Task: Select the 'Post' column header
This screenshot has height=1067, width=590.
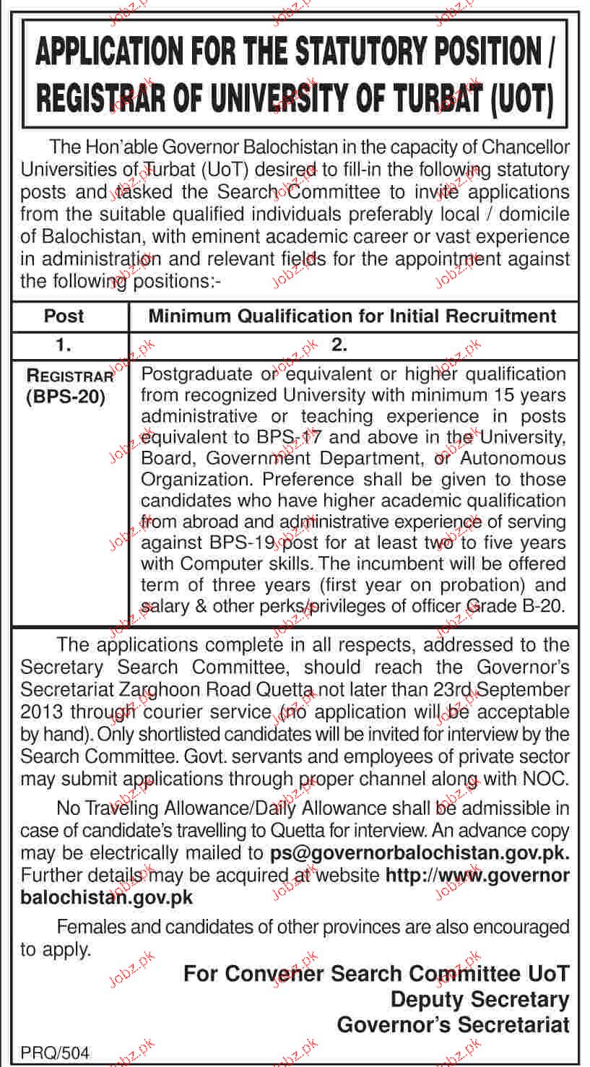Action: pyautogui.click(x=64, y=316)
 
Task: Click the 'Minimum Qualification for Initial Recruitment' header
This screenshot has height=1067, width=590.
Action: pyautogui.click(x=352, y=316)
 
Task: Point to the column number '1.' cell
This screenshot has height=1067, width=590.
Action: pyautogui.click(x=64, y=345)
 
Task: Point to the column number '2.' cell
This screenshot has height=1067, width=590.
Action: pyautogui.click(x=339, y=345)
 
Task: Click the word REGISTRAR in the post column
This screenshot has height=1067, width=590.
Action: pyautogui.click(x=70, y=376)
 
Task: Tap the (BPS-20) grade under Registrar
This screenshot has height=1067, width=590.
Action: pyautogui.click(x=66, y=397)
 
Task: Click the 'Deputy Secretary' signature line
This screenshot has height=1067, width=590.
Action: pyautogui.click(x=480, y=1000)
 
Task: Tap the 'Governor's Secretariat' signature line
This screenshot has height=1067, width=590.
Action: pyautogui.click(x=453, y=1024)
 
